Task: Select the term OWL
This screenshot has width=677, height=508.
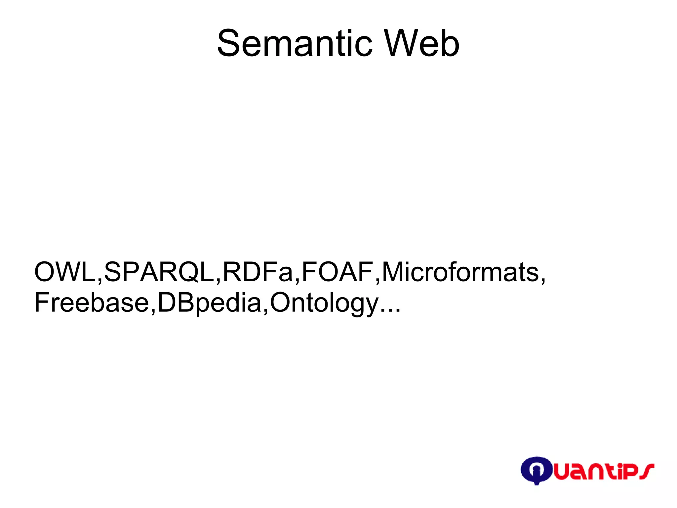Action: (x=65, y=272)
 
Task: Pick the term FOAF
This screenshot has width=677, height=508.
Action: (x=338, y=272)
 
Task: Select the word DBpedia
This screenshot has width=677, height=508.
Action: (x=210, y=302)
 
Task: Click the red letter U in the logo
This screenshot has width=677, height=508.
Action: (x=562, y=473)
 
